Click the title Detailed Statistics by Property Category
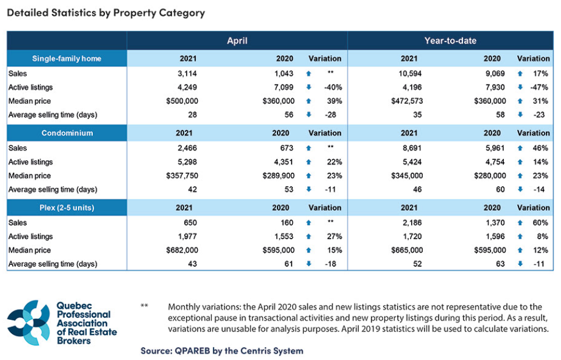tap(106, 12)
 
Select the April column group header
tap(237, 41)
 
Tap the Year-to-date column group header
tap(450, 41)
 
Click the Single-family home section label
tap(68, 58)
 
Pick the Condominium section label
tap(68, 133)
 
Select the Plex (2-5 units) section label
tap(68, 208)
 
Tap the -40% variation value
tap(333, 88)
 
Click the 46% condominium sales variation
tap(541, 148)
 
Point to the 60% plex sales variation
tap(541, 223)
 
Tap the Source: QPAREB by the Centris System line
tap(222, 351)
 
